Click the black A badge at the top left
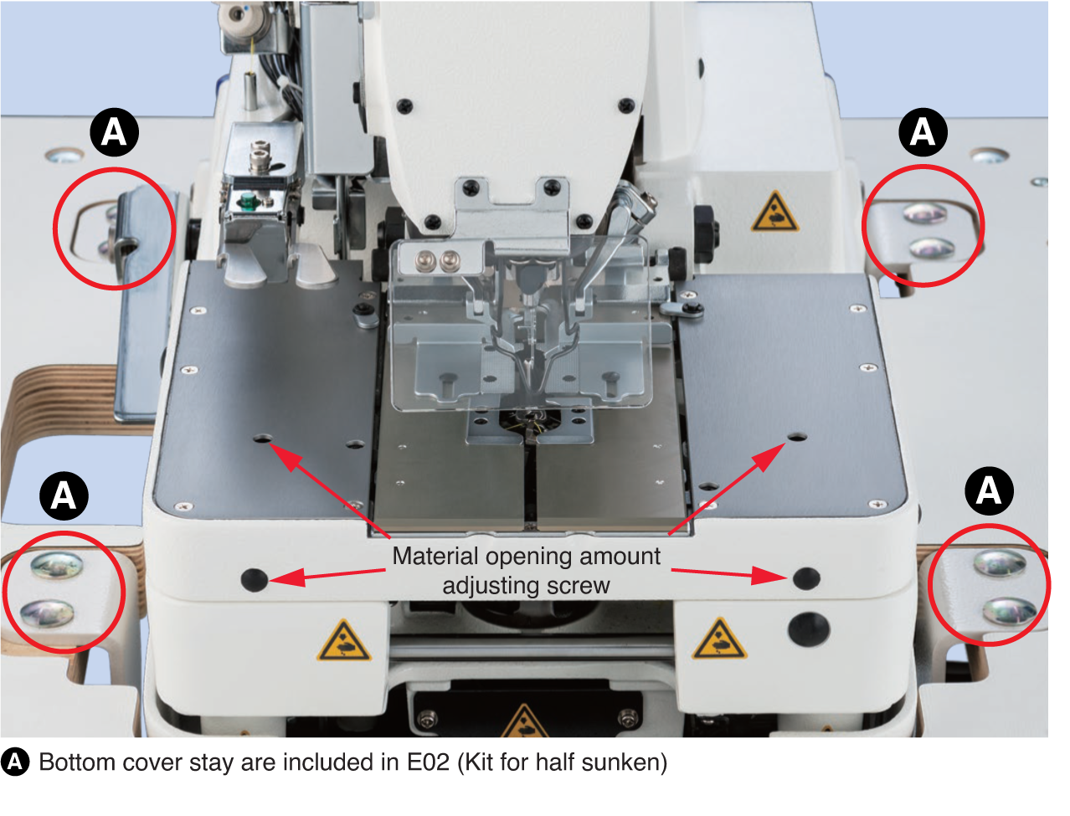[x=114, y=132]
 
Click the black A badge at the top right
[x=923, y=132]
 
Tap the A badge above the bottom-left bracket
[x=64, y=496]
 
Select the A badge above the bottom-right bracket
[x=989, y=491]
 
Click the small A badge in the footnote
[x=14, y=762]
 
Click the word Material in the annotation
[x=435, y=557]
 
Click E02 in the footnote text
[x=428, y=762]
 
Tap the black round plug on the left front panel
[x=254, y=580]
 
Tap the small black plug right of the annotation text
[x=806, y=578]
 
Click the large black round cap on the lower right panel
[x=809, y=629]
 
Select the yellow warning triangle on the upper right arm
[x=774, y=212]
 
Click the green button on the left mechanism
[x=247, y=201]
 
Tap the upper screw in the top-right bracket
[x=924, y=213]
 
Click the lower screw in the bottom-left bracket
[x=47, y=613]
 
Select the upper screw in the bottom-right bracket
[x=1000, y=562]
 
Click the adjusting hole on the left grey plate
[x=262, y=439]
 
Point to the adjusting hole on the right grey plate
[x=797, y=437]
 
